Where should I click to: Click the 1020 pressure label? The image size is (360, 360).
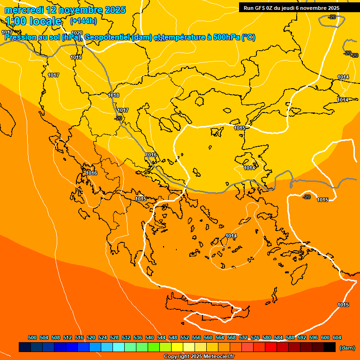77,33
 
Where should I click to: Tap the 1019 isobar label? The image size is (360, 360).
76,57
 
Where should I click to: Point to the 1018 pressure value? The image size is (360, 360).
113,95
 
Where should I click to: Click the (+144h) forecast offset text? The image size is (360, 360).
83,21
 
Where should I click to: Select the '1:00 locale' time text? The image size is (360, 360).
34,21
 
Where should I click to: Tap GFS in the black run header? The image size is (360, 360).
260,8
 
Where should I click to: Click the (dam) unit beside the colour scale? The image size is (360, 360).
347,347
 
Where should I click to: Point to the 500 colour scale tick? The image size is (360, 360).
32,337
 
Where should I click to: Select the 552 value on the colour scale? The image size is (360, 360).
185,337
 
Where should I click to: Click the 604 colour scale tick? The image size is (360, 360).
337,337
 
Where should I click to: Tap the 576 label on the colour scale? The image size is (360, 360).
255,337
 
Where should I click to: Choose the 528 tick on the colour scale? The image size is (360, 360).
114,337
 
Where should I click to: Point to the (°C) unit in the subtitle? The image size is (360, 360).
248,37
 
